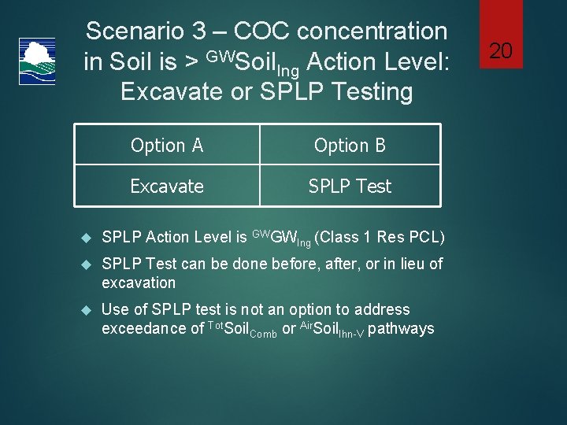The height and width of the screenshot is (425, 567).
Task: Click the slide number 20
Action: [501, 51]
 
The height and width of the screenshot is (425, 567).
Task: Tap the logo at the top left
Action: [36, 61]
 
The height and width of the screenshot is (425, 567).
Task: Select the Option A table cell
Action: [167, 146]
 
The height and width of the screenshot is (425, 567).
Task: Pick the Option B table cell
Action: [350, 146]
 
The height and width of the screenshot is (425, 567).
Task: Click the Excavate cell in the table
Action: [167, 187]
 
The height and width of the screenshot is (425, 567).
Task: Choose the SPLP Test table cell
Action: [350, 187]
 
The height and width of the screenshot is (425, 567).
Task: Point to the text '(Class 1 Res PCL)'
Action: [380, 237]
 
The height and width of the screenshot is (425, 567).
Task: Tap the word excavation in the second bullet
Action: [139, 283]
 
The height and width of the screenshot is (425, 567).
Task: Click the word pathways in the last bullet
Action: [401, 328]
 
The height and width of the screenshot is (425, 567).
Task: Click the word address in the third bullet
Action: [384, 309]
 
